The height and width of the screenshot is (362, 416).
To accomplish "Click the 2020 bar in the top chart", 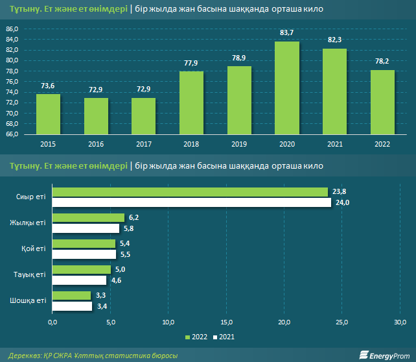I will tap(286, 88).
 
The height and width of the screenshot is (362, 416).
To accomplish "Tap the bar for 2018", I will tap(191, 103).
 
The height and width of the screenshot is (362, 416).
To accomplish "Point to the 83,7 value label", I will tap(286, 33).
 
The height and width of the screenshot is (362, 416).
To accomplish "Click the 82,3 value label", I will tap(334, 40).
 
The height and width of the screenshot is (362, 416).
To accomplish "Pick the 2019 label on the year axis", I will tap(239, 143).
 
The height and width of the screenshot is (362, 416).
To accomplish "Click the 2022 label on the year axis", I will tap(382, 143).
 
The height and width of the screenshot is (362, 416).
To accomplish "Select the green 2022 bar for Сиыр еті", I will tap(190, 192).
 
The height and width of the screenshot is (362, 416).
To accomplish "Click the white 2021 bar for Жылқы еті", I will tap(86, 228).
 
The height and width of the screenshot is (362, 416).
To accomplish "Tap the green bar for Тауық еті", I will tap(82, 269).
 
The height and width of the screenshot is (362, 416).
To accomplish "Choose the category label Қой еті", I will tap(34, 248).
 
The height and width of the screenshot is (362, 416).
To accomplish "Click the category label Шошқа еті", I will tap(29, 300).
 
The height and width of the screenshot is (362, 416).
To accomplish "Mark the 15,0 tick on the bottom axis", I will tap(227, 322).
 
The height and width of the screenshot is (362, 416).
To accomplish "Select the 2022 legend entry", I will tap(196, 337).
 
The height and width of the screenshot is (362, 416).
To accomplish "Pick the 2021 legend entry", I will tap(223, 337).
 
